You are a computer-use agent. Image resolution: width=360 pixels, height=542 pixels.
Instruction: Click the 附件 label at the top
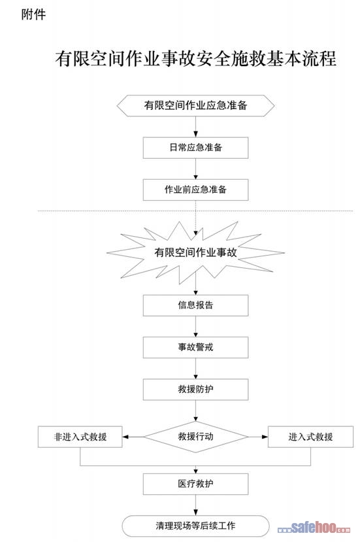tap(33, 14)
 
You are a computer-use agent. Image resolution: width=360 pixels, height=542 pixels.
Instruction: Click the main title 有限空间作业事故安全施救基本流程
tap(195, 58)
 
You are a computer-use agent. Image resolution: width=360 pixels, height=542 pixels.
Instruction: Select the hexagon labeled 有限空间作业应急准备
tap(195, 105)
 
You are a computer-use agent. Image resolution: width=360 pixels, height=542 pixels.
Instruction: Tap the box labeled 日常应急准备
tap(195, 148)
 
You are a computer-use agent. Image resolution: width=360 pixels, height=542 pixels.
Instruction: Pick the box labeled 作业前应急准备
tap(195, 190)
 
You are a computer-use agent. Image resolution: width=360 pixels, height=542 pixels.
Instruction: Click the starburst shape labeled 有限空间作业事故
tap(195, 252)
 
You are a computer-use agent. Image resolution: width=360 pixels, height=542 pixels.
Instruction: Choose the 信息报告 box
tap(195, 305)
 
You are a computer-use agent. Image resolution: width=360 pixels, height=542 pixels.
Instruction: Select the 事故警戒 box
tap(195, 347)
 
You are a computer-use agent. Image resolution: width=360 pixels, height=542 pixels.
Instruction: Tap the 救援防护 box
tap(195, 389)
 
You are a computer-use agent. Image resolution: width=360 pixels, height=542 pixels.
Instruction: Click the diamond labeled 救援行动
tap(195, 437)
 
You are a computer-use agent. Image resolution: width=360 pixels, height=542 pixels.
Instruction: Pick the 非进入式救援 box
tap(80, 437)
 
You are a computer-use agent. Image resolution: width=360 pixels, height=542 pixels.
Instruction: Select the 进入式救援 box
tap(310, 437)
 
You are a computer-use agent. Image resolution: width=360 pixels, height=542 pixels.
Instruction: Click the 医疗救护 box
tap(195, 484)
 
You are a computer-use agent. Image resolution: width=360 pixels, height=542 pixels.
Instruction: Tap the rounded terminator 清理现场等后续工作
tap(195, 526)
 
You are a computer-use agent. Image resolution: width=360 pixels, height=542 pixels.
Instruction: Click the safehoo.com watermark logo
tap(314, 528)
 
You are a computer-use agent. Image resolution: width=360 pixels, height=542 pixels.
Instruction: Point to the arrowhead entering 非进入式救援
tap(125, 437)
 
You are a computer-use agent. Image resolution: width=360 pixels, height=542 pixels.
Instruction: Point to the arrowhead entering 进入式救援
tap(265, 437)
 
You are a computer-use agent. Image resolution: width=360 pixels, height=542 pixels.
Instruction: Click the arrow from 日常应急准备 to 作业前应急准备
tap(195, 169)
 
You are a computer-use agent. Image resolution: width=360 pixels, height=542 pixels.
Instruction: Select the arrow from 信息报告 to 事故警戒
tap(195, 326)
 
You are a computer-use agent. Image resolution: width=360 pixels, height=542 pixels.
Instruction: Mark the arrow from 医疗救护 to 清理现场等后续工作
tap(195, 505)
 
